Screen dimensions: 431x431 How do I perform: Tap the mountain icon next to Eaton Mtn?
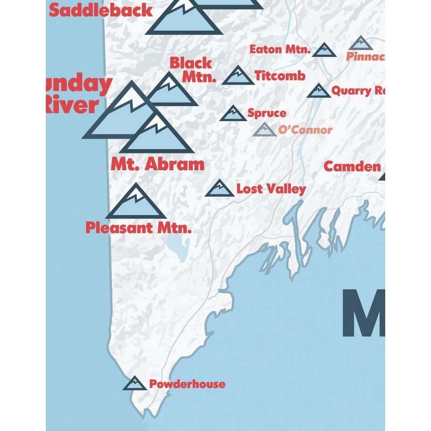(324, 51)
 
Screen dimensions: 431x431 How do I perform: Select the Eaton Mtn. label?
(280, 50)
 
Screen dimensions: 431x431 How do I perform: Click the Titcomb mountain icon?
(238, 77)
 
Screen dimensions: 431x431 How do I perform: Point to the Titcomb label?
(280, 75)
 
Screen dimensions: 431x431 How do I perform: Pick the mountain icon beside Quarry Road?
(319, 91)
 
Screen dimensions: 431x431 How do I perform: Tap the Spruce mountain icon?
(233, 114)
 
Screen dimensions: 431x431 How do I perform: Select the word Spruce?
(267, 113)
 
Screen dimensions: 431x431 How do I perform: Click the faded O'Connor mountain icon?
(265, 130)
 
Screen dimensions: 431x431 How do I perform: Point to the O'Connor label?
(305, 130)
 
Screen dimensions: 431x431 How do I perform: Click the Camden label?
(352, 166)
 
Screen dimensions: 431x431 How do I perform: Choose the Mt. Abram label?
(157, 164)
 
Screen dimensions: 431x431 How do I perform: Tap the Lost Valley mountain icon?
(220, 189)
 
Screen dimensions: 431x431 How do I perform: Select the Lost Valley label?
(271, 189)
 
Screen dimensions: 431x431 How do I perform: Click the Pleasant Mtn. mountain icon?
(136, 203)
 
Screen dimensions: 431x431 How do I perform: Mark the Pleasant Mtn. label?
(138, 228)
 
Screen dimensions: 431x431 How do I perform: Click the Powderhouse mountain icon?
(135, 384)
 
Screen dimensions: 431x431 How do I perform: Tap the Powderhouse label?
(187, 384)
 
